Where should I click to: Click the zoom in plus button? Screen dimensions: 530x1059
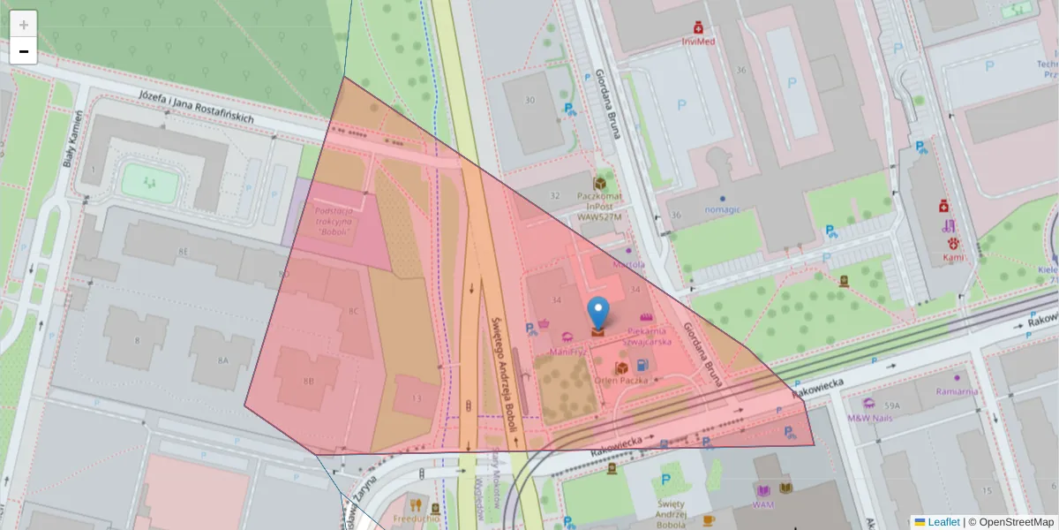24,24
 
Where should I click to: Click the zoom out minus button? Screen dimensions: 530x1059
24,51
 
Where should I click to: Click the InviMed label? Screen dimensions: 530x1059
698,41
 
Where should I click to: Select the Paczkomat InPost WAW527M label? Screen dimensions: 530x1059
599,206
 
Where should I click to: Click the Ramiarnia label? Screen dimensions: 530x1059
958,391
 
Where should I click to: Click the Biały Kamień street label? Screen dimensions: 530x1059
75,140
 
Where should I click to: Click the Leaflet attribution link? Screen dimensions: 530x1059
943,522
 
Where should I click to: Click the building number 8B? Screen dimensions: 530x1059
308,382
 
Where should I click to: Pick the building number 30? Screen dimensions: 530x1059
529,100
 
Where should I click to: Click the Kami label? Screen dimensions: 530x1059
953,257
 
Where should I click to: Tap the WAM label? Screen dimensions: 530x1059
763,505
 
